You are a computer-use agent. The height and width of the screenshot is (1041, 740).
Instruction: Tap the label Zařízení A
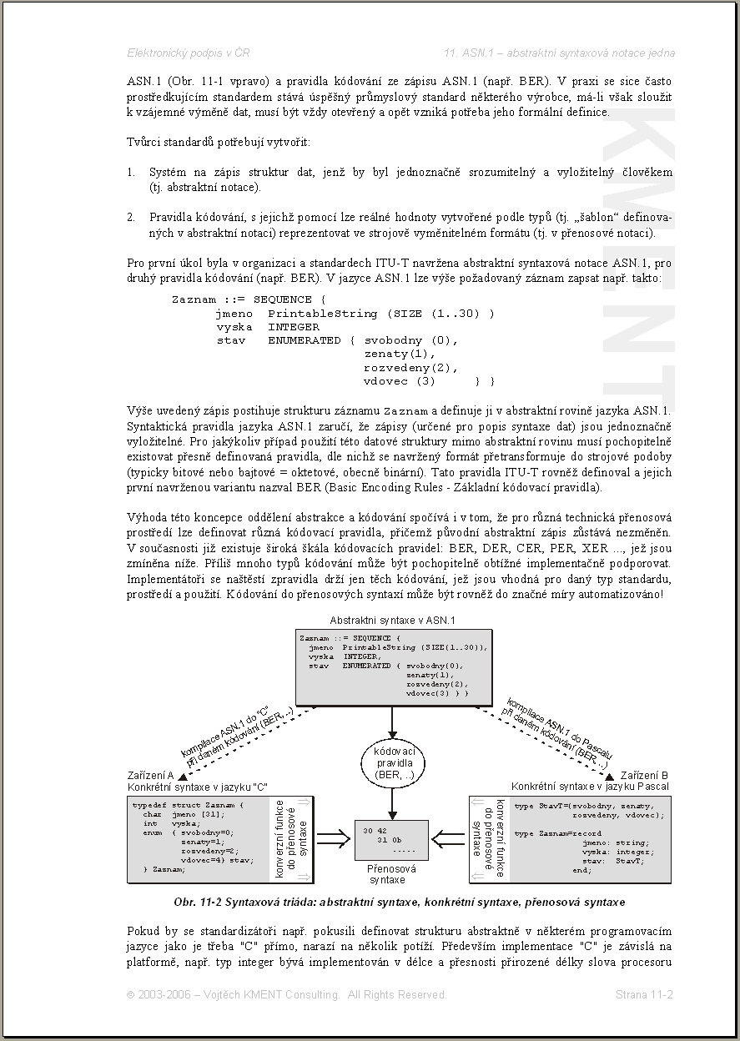[150, 775]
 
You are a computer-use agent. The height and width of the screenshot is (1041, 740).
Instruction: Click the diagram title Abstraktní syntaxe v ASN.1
[391, 621]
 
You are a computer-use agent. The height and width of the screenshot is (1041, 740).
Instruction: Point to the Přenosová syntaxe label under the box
[387, 874]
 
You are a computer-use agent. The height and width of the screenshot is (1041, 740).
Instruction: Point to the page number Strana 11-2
[644, 994]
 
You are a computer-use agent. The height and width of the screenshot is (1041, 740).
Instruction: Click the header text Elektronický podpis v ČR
[188, 53]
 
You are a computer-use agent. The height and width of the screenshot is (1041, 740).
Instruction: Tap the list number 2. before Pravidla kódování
[131, 218]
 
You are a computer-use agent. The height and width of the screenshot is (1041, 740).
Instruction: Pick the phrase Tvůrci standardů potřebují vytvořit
[219, 143]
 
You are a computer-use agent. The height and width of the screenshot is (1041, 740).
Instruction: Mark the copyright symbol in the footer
[131, 994]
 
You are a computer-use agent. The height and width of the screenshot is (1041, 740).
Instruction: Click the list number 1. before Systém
[131, 173]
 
